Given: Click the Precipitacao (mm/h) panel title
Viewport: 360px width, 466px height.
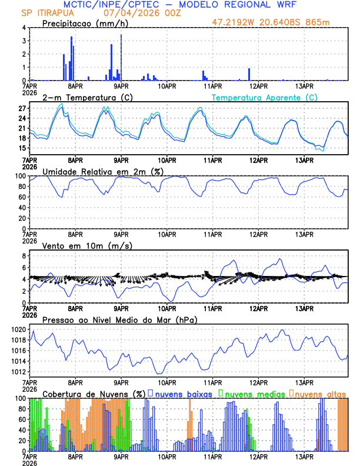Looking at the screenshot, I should (85, 23).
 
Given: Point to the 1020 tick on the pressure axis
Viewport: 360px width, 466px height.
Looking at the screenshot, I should (18, 329).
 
